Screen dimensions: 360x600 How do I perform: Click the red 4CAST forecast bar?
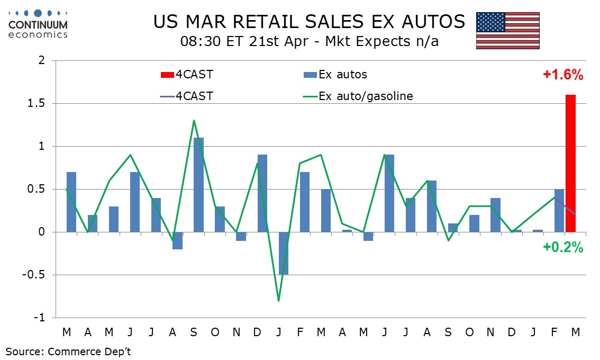(570, 163)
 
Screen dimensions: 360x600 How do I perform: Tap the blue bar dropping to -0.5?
(284, 253)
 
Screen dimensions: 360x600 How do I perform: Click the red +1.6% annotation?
(563, 75)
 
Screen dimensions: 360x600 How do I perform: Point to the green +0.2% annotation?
(563, 247)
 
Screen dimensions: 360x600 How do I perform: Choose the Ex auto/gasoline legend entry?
(360, 96)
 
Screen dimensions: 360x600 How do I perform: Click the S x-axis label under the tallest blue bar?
(194, 332)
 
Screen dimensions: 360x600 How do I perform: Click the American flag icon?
(507, 30)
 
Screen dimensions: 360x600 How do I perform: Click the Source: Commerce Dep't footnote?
(68, 350)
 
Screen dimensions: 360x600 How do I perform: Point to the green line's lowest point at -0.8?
(278, 301)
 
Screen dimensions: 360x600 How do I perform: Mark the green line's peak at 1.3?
(194, 120)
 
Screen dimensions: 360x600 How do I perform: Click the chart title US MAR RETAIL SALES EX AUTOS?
(309, 22)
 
